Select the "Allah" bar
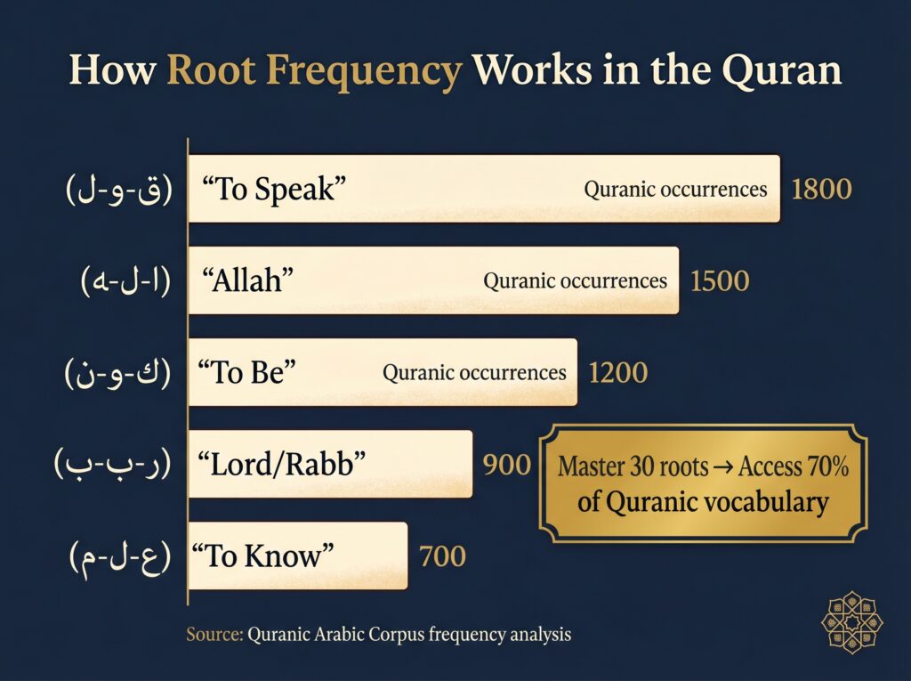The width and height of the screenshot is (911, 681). click(433, 280)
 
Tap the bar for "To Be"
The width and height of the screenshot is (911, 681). click(383, 372)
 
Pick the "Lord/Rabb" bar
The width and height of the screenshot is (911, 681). click(330, 464)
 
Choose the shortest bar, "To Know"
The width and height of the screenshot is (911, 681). click(297, 556)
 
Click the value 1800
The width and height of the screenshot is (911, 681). click(821, 190)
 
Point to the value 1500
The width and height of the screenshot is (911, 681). click(720, 281)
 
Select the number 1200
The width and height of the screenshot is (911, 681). click(617, 373)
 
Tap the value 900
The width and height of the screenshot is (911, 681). click(507, 465)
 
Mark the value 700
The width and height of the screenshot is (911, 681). click(442, 557)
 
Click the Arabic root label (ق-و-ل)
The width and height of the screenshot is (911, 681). click(118, 191)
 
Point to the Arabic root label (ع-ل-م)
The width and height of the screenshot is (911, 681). click(119, 557)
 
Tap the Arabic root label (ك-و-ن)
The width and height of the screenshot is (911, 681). click(117, 373)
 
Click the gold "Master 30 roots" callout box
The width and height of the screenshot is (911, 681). click(702, 483)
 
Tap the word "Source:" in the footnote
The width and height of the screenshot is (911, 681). click(214, 635)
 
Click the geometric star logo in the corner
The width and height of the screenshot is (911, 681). click(852, 622)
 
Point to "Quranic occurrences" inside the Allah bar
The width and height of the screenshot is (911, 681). click(575, 281)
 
